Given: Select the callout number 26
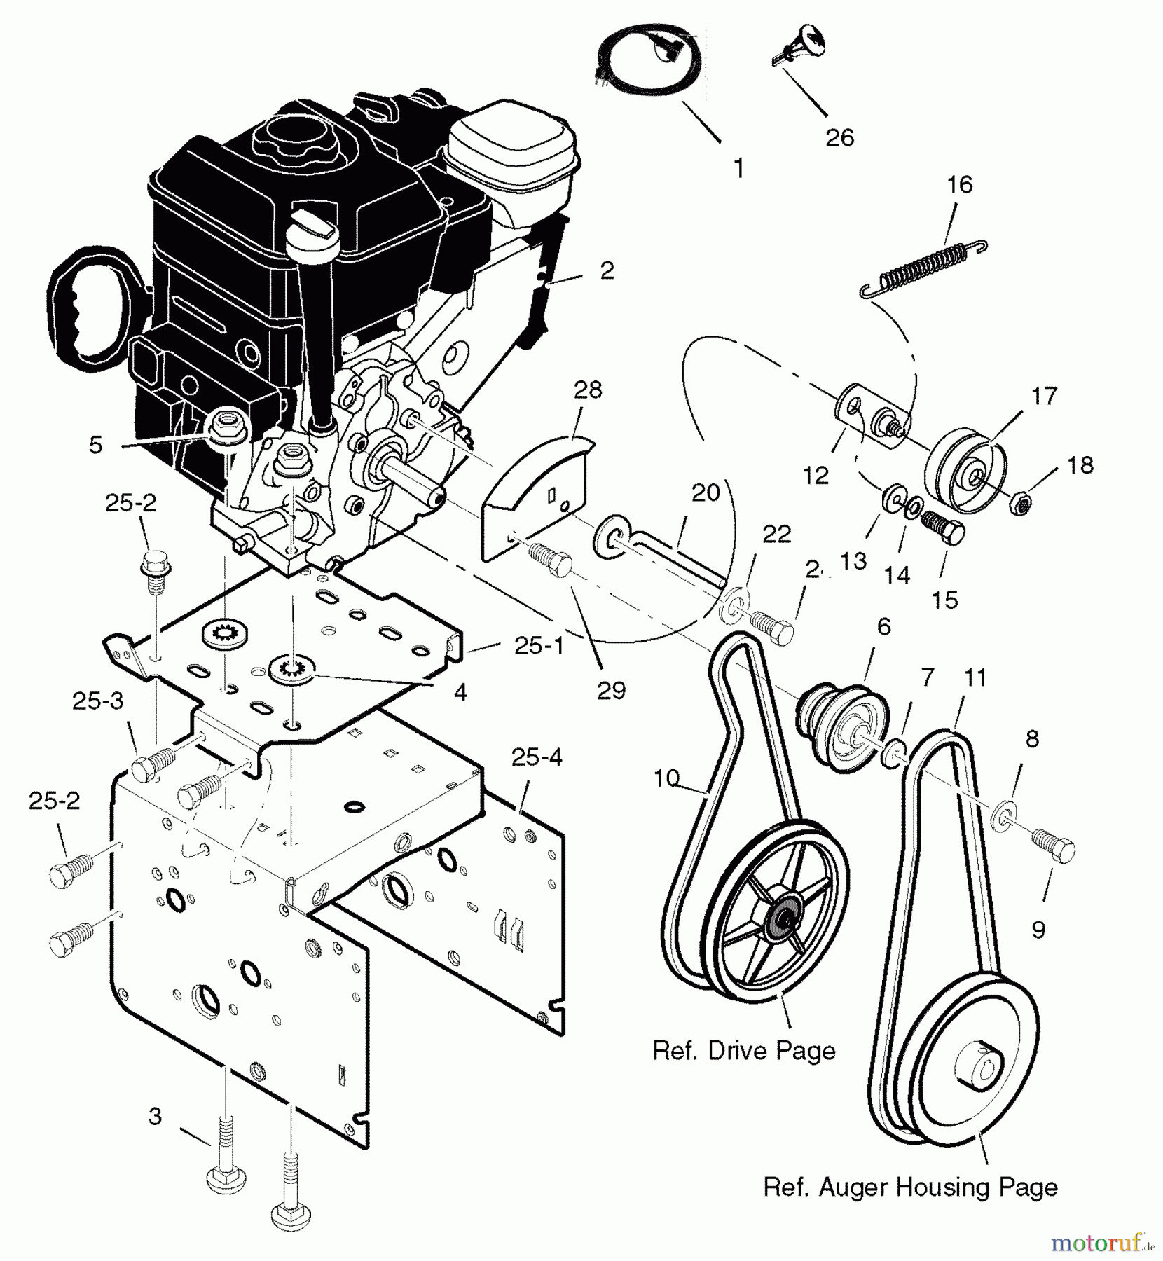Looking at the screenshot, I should coord(839,137).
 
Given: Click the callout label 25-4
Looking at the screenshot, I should coord(536,757).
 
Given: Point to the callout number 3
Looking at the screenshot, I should coord(156,1116).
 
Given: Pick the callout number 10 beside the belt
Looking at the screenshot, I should coord(666,778).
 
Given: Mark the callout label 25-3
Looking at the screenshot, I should coord(98,702).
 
